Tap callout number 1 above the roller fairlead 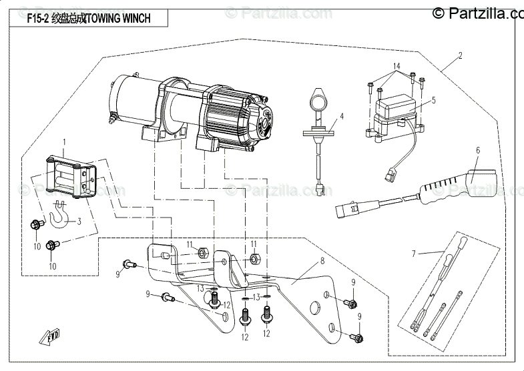65,142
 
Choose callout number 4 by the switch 341,116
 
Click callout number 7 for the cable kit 413,253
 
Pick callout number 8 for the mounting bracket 322,261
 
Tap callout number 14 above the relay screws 396,66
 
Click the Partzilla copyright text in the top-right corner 478,11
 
